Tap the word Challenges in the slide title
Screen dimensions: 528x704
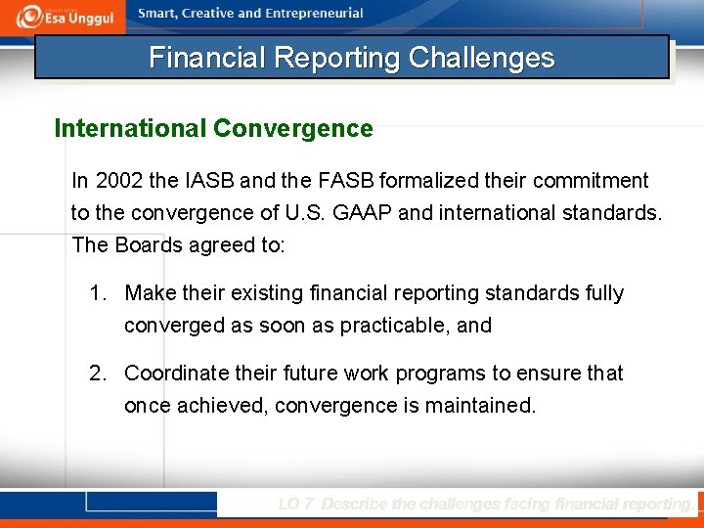click(481, 58)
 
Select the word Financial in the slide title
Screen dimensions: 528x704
click(207, 58)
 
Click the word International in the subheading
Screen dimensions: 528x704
click(130, 129)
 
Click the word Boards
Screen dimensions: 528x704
click(148, 244)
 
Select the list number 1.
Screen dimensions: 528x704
click(97, 293)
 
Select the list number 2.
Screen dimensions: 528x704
click(97, 374)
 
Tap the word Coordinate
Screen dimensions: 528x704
click(177, 374)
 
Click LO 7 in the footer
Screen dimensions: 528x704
click(295, 505)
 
